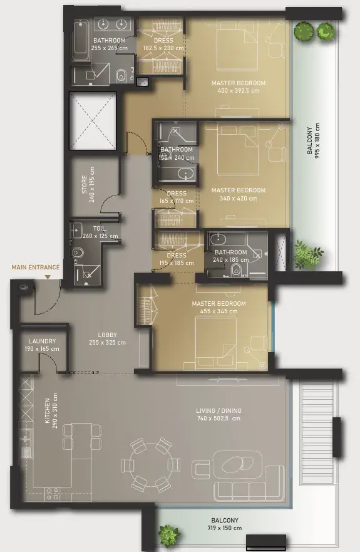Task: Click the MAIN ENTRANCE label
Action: (x=36, y=267)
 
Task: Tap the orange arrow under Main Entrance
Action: (x=48, y=277)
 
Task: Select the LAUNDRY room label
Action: (x=42, y=341)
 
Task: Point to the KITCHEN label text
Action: (x=47, y=410)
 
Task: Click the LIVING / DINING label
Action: (x=219, y=410)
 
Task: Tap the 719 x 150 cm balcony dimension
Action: (x=224, y=528)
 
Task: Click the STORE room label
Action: (x=85, y=184)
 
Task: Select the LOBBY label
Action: (x=107, y=335)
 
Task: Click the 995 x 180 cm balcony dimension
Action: (x=317, y=140)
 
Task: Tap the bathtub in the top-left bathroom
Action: (x=81, y=41)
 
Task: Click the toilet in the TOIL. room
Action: (x=77, y=253)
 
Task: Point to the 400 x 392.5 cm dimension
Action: (x=239, y=90)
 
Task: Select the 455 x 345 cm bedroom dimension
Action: (x=219, y=311)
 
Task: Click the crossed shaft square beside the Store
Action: (x=93, y=121)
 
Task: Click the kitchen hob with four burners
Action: (x=53, y=494)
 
